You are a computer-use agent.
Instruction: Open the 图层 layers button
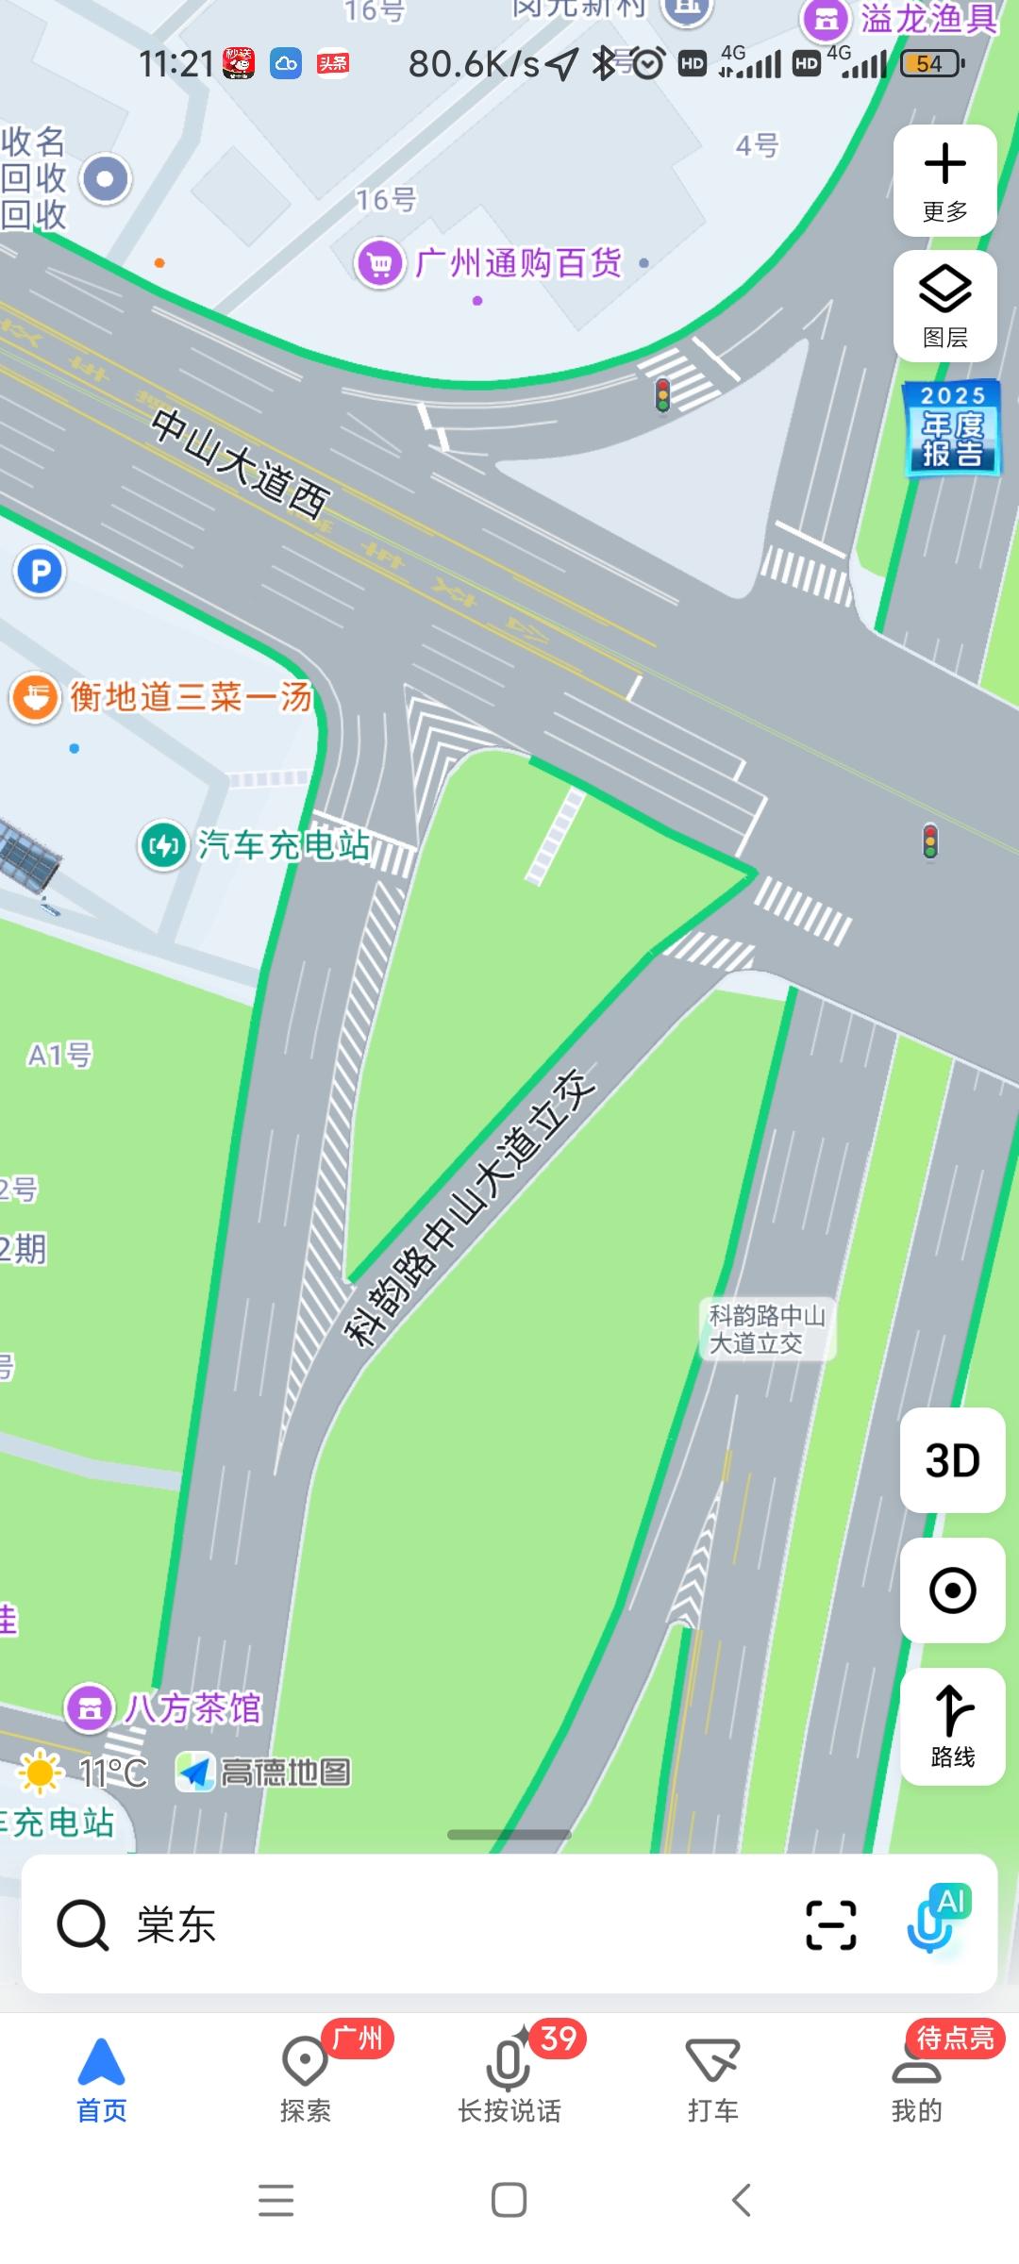944,306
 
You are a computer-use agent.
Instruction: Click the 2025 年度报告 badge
952,427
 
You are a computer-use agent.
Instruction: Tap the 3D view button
952,1460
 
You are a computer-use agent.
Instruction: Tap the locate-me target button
952,1590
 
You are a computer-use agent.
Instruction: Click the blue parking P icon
40,572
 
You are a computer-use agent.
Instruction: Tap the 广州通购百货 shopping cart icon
379,263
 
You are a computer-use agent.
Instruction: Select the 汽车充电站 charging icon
164,844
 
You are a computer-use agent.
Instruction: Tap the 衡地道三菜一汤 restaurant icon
36,698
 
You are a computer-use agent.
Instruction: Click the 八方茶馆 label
192,1707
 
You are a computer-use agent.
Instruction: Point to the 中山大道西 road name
241,463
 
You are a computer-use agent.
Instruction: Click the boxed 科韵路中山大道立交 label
767,1328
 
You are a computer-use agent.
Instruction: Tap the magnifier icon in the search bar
83,1924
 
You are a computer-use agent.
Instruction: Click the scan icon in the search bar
830,1924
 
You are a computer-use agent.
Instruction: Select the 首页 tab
101,2075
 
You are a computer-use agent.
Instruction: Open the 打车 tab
712,2075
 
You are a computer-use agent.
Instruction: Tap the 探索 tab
305,2075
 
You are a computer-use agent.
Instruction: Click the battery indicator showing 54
931,64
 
